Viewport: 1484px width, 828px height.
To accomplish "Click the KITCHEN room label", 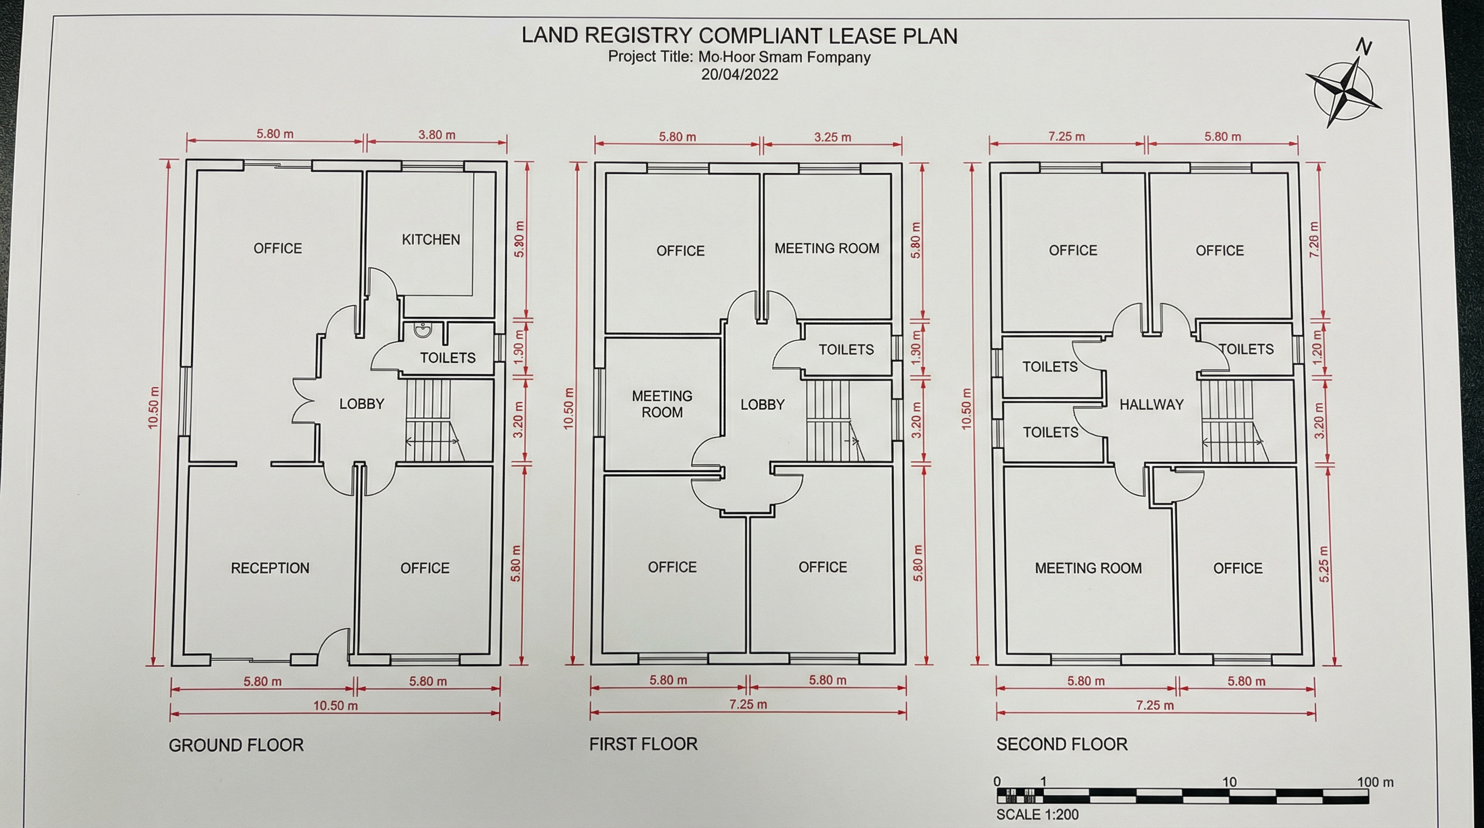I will (x=430, y=239).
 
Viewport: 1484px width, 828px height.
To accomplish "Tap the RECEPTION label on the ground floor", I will (x=270, y=568).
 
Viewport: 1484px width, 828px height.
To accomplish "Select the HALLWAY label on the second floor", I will (x=1151, y=405).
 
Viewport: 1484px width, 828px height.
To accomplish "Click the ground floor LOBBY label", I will (x=361, y=404).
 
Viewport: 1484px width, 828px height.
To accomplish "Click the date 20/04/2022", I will (x=739, y=75).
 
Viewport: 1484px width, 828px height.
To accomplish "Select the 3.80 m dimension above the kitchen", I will (x=437, y=135).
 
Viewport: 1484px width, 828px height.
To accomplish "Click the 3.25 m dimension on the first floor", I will (x=832, y=137).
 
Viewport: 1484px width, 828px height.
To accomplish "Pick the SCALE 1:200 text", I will (x=1037, y=815).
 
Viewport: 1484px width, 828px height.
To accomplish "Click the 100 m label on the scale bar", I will (x=1375, y=782).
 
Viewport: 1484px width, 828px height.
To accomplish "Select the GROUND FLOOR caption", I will (x=236, y=745).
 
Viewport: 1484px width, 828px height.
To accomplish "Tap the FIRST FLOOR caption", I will (x=643, y=744).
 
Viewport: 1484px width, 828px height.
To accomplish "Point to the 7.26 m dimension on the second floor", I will (x=1314, y=239).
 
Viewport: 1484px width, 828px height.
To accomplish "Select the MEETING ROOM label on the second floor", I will (x=1088, y=568).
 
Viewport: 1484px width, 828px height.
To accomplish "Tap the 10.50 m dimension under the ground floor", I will (x=335, y=705).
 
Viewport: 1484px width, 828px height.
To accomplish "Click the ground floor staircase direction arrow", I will (x=432, y=441).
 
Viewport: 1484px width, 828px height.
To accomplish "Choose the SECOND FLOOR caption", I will (x=1061, y=744).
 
